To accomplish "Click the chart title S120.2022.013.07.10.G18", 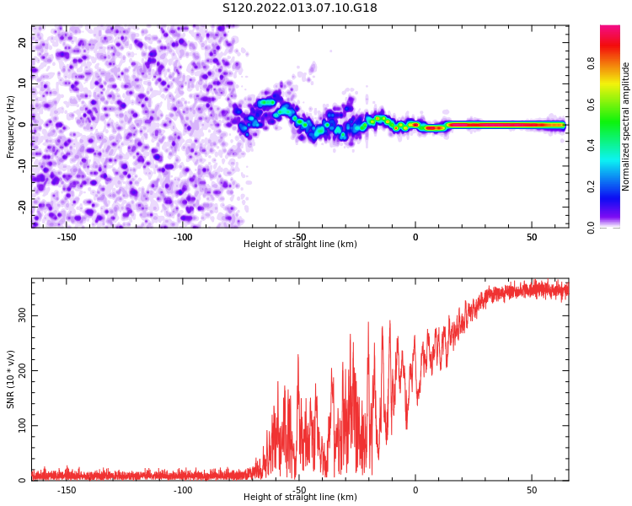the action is [300, 8].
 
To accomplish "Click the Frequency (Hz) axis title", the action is [10, 126].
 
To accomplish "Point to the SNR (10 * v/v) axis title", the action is [10, 379].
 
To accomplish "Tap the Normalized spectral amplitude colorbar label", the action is [625, 126].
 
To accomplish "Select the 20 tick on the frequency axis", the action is [23, 42].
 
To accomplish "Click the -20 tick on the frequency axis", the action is [23, 207].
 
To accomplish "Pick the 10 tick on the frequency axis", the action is [23, 83].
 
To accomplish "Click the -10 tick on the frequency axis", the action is [23, 166].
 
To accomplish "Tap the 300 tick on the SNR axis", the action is [23, 315].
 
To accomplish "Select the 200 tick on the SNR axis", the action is [23, 370].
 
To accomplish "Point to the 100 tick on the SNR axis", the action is [23, 425].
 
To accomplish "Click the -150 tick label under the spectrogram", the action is [67, 237].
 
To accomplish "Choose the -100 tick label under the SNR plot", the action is [183, 490].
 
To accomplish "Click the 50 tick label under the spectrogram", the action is [532, 237].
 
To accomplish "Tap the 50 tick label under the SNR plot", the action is [532, 490].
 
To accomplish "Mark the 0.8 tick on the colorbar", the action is [591, 63].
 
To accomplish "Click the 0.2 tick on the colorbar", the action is [591, 187].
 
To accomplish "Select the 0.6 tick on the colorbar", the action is [591, 105].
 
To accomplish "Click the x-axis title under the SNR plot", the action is [300, 497].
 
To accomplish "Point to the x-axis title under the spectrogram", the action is [300, 244].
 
